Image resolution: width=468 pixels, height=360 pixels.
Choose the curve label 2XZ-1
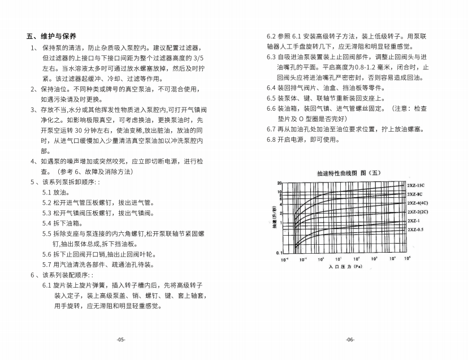[413, 220]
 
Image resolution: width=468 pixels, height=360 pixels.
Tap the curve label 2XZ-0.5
[415, 229]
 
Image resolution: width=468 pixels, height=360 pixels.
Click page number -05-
[120, 340]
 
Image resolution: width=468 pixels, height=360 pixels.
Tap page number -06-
[350, 340]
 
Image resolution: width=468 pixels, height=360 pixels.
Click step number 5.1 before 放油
[47, 192]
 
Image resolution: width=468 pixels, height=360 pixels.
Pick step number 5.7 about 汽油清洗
[47, 264]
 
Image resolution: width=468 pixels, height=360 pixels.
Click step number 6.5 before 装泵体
[271, 98]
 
